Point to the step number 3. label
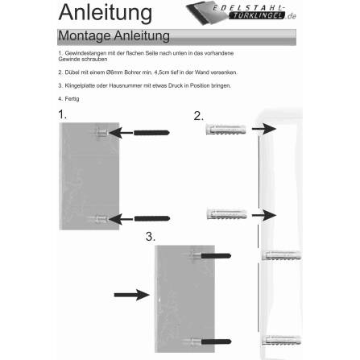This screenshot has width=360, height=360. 150,237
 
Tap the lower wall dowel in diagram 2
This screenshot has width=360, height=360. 226,215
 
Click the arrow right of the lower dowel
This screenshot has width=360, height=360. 263,215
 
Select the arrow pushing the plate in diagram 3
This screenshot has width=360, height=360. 131,295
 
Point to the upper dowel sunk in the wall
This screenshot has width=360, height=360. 276,256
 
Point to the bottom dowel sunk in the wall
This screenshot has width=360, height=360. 276,337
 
